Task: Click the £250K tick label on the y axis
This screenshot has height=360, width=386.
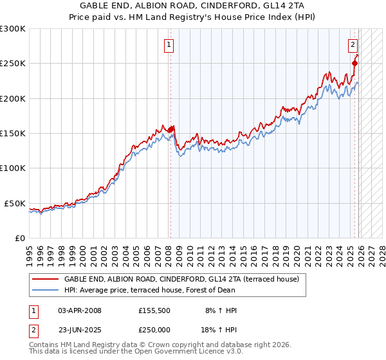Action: pyautogui.click(x=13, y=64)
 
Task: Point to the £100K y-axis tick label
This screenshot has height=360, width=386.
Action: pyautogui.click(x=13, y=168)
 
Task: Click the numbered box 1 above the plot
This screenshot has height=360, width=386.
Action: pyautogui.click(x=169, y=45)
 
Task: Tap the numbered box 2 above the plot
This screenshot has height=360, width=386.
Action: pyautogui.click(x=353, y=45)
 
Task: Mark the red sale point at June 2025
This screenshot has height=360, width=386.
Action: pyautogui.click(x=354, y=63)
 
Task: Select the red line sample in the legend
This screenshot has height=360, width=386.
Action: pyautogui.click(x=46, y=280)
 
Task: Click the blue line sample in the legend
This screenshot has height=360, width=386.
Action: pyautogui.click(x=46, y=290)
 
